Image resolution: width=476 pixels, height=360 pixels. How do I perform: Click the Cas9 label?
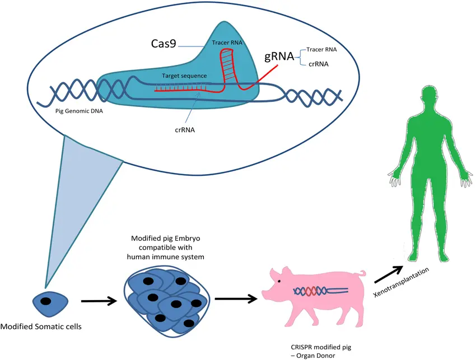(164, 44)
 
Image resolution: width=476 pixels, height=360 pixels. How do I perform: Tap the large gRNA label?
(279, 57)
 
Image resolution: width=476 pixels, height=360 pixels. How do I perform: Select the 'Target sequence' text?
(184, 76)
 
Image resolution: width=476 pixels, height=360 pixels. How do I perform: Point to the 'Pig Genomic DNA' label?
(79, 111)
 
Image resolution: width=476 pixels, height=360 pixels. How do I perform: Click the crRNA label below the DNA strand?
(185, 130)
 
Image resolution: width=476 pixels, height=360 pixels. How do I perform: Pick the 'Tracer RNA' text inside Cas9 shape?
(227, 43)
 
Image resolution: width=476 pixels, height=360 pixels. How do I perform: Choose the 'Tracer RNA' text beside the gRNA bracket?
(321, 49)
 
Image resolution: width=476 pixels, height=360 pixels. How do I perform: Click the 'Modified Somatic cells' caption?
(41, 326)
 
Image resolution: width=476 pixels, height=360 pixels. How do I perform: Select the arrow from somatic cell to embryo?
(99, 301)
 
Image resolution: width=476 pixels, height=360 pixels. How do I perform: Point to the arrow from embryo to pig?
(236, 299)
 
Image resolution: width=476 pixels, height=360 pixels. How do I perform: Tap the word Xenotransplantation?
(402, 282)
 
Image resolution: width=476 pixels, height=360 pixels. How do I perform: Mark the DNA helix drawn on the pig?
(320, 291)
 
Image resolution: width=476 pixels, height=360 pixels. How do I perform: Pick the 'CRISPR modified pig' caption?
(321, 347)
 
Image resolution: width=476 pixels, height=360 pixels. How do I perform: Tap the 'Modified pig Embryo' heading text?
(165, 239)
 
